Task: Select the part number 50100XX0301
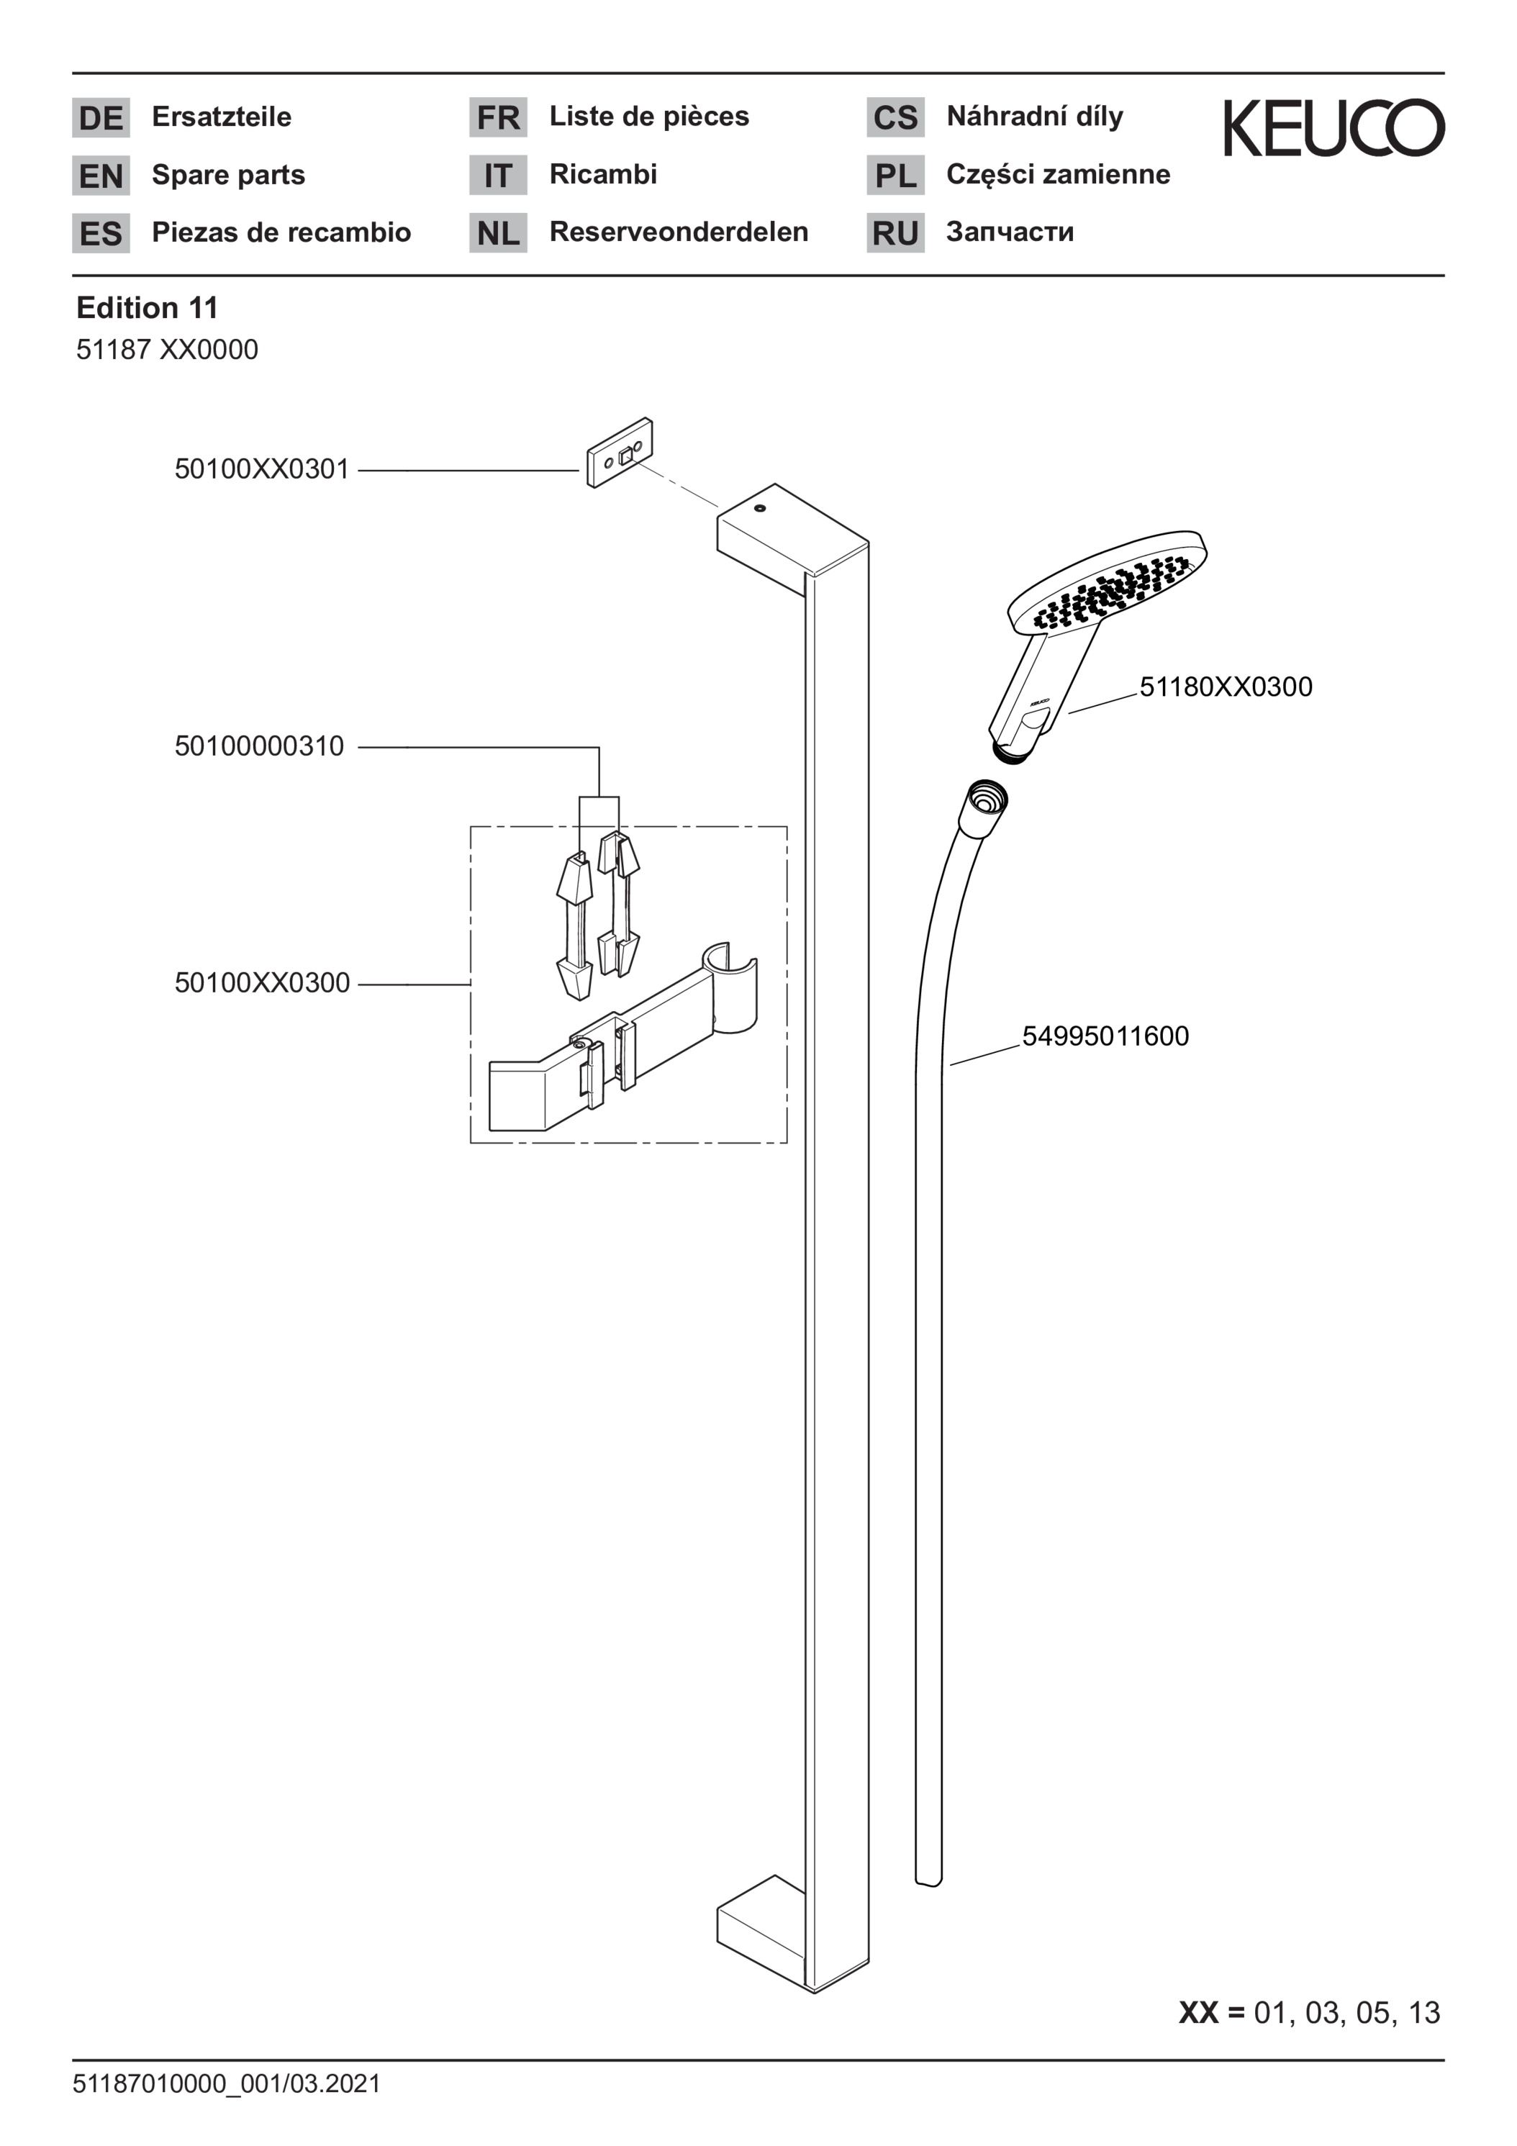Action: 262,469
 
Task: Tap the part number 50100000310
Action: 259,746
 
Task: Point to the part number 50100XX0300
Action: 262,982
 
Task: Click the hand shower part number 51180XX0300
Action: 1226,687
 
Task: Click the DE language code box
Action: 101,118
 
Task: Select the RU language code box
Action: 895,232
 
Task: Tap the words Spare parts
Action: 228,175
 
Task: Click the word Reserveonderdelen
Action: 679,232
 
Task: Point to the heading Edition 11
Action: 147,307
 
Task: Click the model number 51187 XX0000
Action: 166,350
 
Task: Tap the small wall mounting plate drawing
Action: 619,453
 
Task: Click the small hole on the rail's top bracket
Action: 759,509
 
